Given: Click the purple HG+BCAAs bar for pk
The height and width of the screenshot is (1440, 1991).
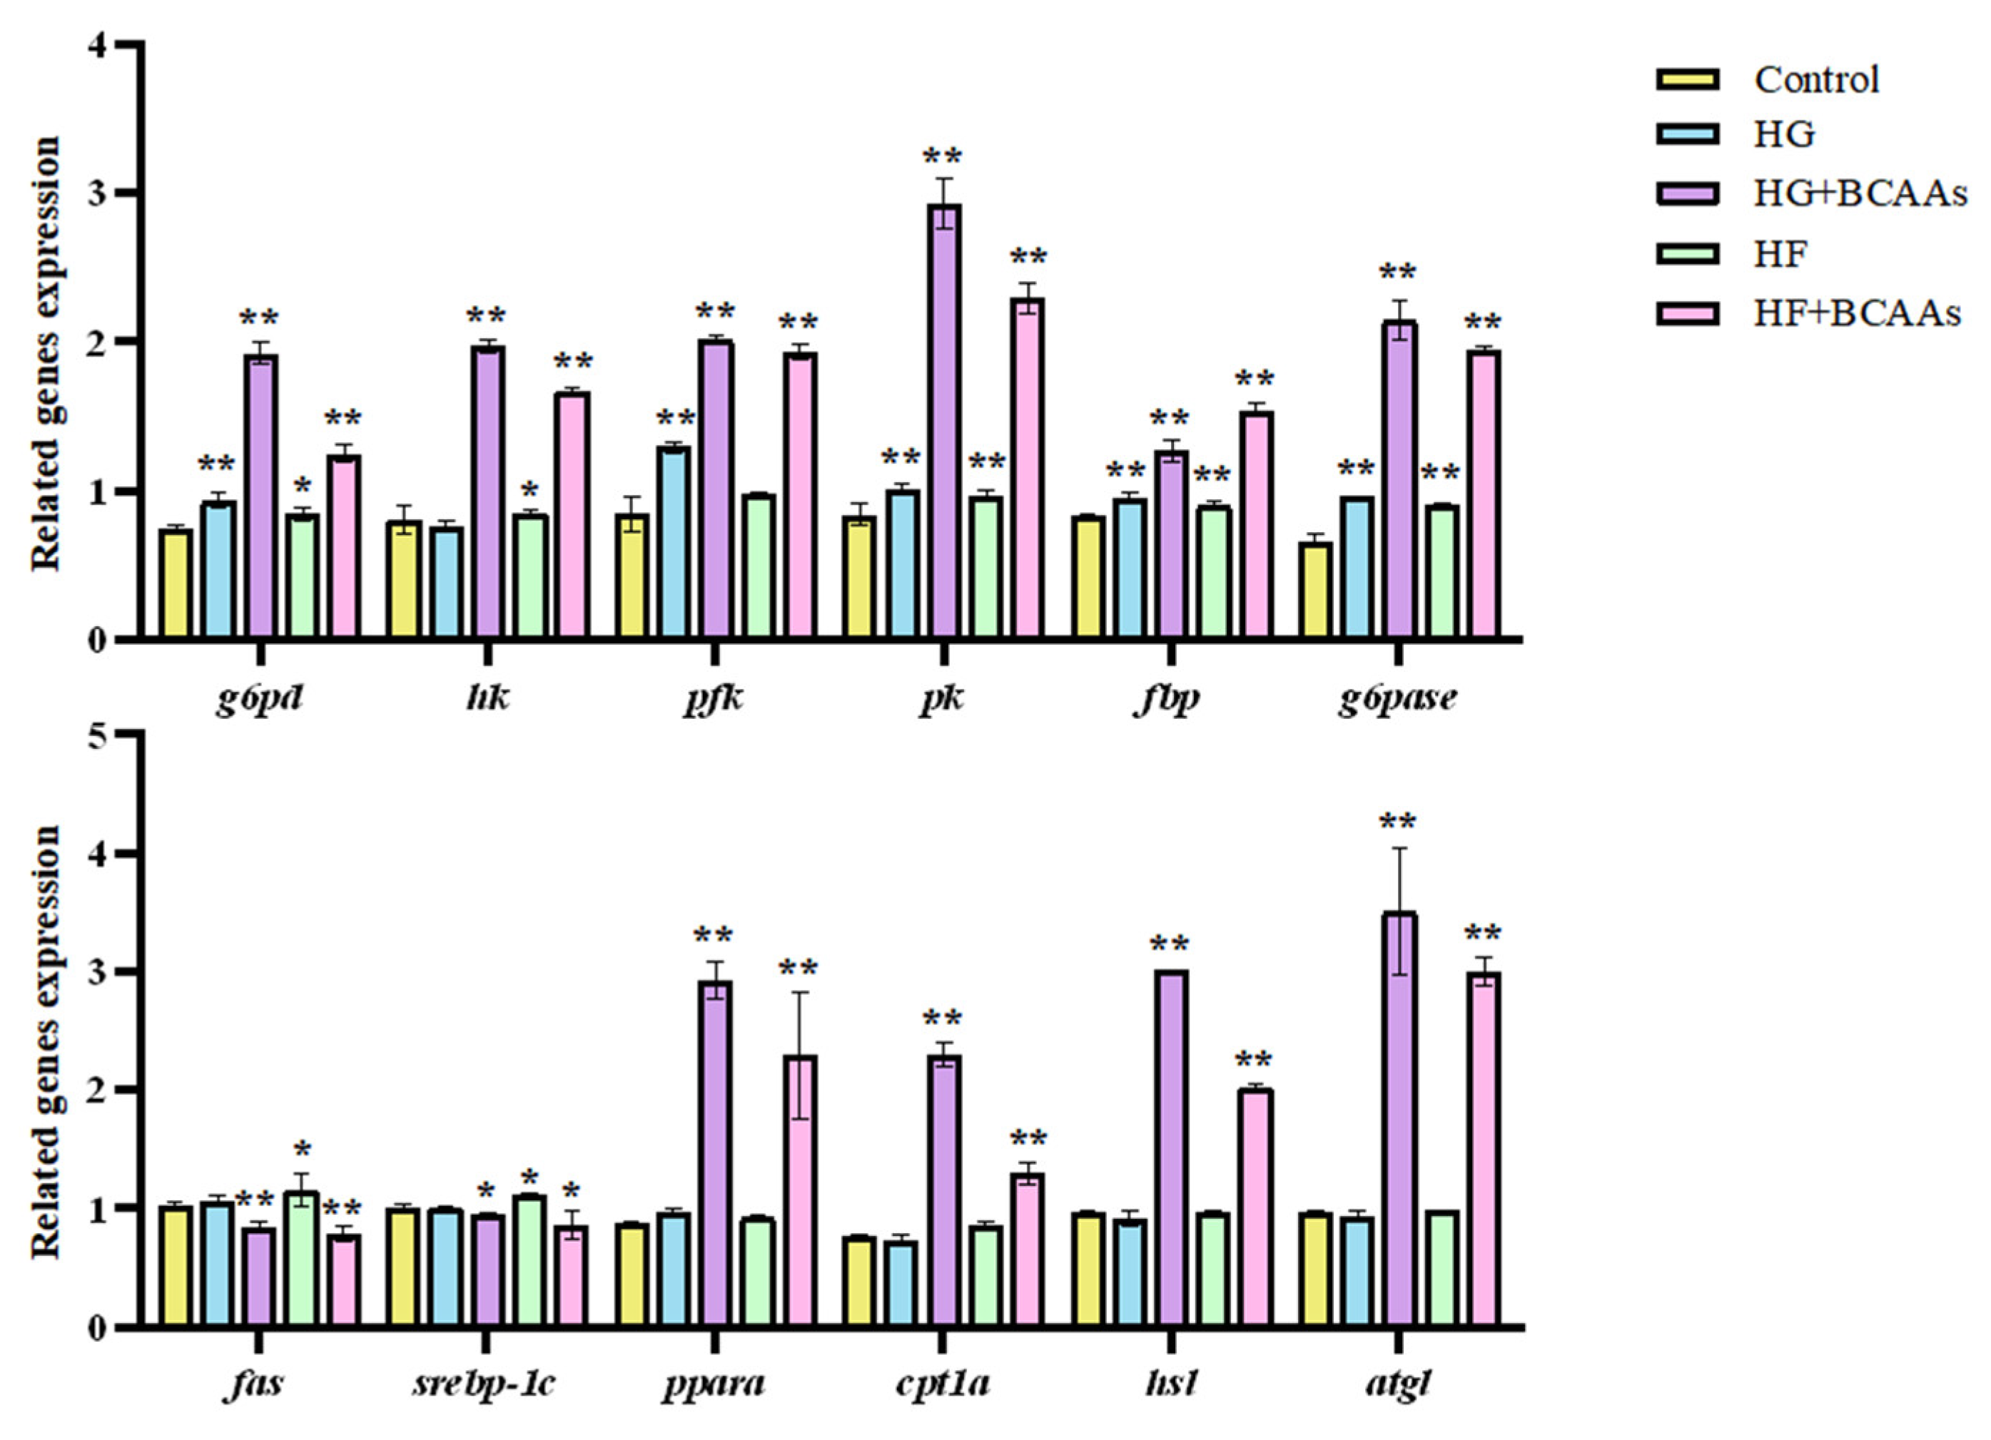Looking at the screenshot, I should pyautogui.click(x=945, y=422).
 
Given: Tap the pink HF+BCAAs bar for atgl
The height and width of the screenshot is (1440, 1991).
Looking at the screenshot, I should pyautogui.click(x=1484, y=1150).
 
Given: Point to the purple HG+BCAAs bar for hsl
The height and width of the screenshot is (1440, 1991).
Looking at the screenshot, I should pyautogui.click(x=1170, y=1150).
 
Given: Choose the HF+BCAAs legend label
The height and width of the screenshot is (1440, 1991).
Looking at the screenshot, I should pyautogui.click(x=1857, y=313).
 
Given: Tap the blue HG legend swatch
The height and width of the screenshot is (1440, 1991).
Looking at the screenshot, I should pyautogui.click(x=1686, y=134).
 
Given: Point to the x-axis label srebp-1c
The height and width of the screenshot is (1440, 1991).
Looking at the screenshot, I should pyautogui.click(x=484, y=1384).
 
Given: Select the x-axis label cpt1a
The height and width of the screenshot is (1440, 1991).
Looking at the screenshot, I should pyautogui.click(x=943, y=1384).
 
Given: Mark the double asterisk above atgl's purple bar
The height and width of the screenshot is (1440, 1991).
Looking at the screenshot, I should pyautogui.click(x=1397, y=823).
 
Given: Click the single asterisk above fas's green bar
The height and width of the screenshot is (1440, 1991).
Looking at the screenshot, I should pyautogui.click(x=303, y=1150).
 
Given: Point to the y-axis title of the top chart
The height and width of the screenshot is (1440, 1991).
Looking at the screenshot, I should pyautogui.click(x=46, y=351).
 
